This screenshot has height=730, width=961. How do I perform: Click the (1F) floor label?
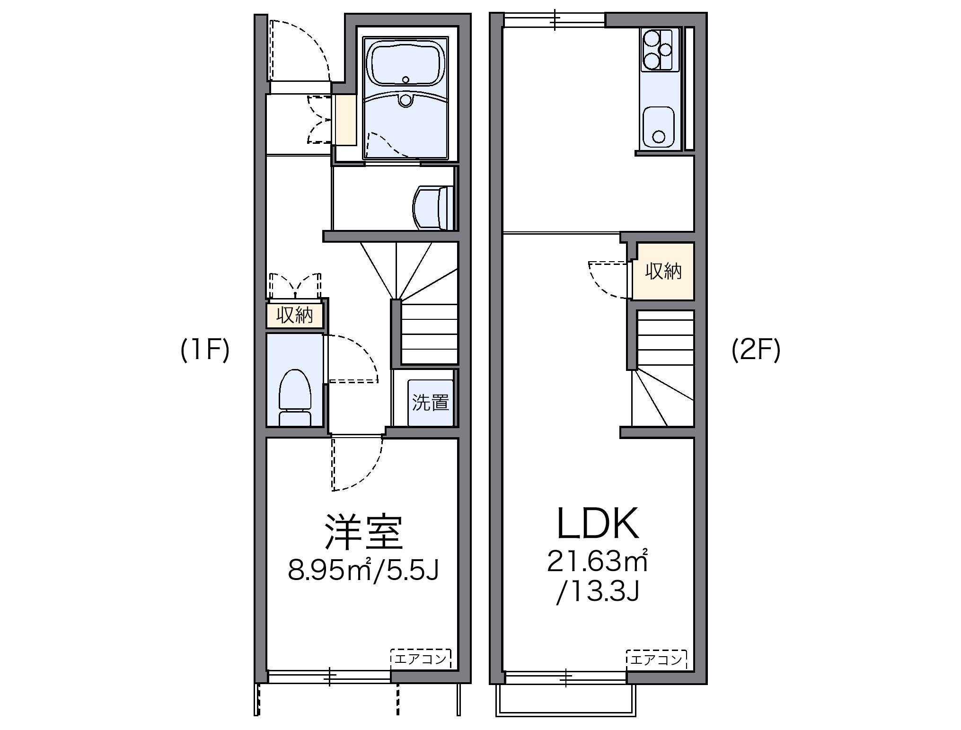tap(205, 351)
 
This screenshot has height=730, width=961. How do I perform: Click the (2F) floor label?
tap(756, 351)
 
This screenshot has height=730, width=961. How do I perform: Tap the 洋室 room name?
tap(363, 532)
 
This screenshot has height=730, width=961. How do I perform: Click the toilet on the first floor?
tap(295, 395)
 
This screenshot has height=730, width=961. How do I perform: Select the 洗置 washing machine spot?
tap(430, 402)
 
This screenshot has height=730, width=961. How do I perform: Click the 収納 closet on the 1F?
tap(295, 315)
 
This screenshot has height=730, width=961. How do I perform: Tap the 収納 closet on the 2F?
tap(663, 271)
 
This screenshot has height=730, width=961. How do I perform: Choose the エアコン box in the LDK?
tap(656, 659)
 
